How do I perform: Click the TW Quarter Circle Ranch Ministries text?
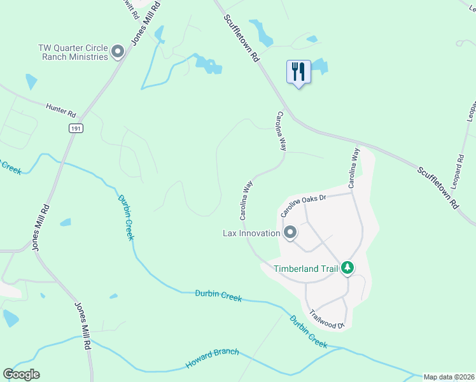pyautogui.click(x=73, y=52)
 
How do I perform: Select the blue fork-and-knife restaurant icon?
pyautogui.click(x=298, y=72)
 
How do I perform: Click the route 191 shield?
pyautogui.click(x=76, y=128)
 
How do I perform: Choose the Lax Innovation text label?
pyautogui.click(x=251, y=233)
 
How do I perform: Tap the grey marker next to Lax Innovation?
pyautogui.click(x=290, y=233)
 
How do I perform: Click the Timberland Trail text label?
pyautogui.click(x=305, y=268)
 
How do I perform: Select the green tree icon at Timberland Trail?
pyautogui.click(x=347, y=268)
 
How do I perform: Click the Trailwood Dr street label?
pyautogui.click(x=327, y=318)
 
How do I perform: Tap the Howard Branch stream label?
pyautogui.click(x=213, y=358)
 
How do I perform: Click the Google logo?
pyautogui.click(x=22, y=374)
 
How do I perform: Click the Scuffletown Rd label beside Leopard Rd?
pyautogui.click(x=438, y=188)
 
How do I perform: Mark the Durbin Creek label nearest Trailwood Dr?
pyautogui.click(x=308, y=332)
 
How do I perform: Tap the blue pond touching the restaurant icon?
pyautogui.click(x=319, y=66)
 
